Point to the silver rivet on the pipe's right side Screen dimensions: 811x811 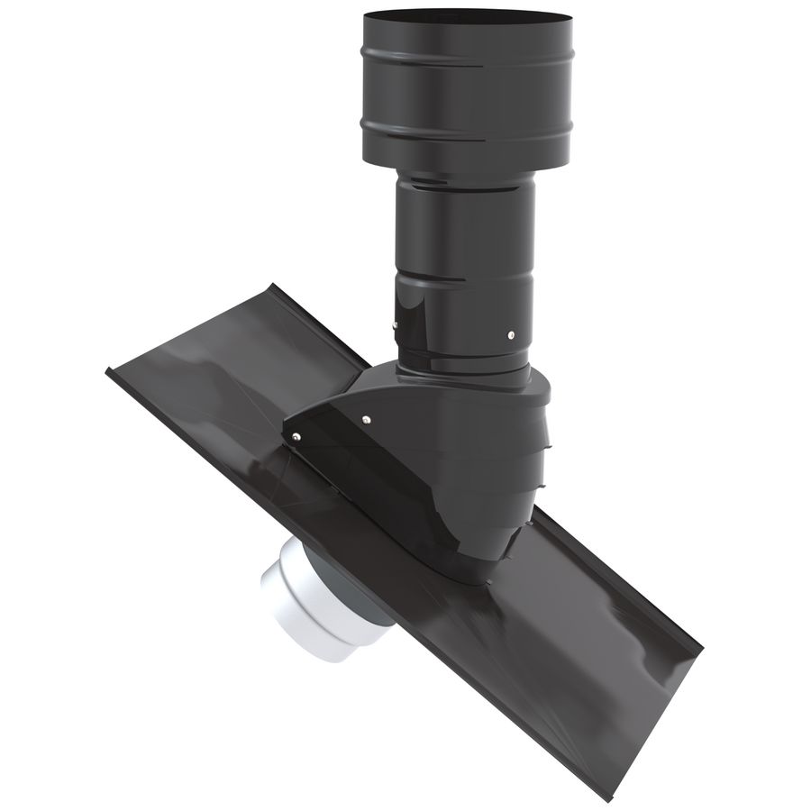[511, 333]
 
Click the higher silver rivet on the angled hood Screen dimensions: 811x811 [367, 417]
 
